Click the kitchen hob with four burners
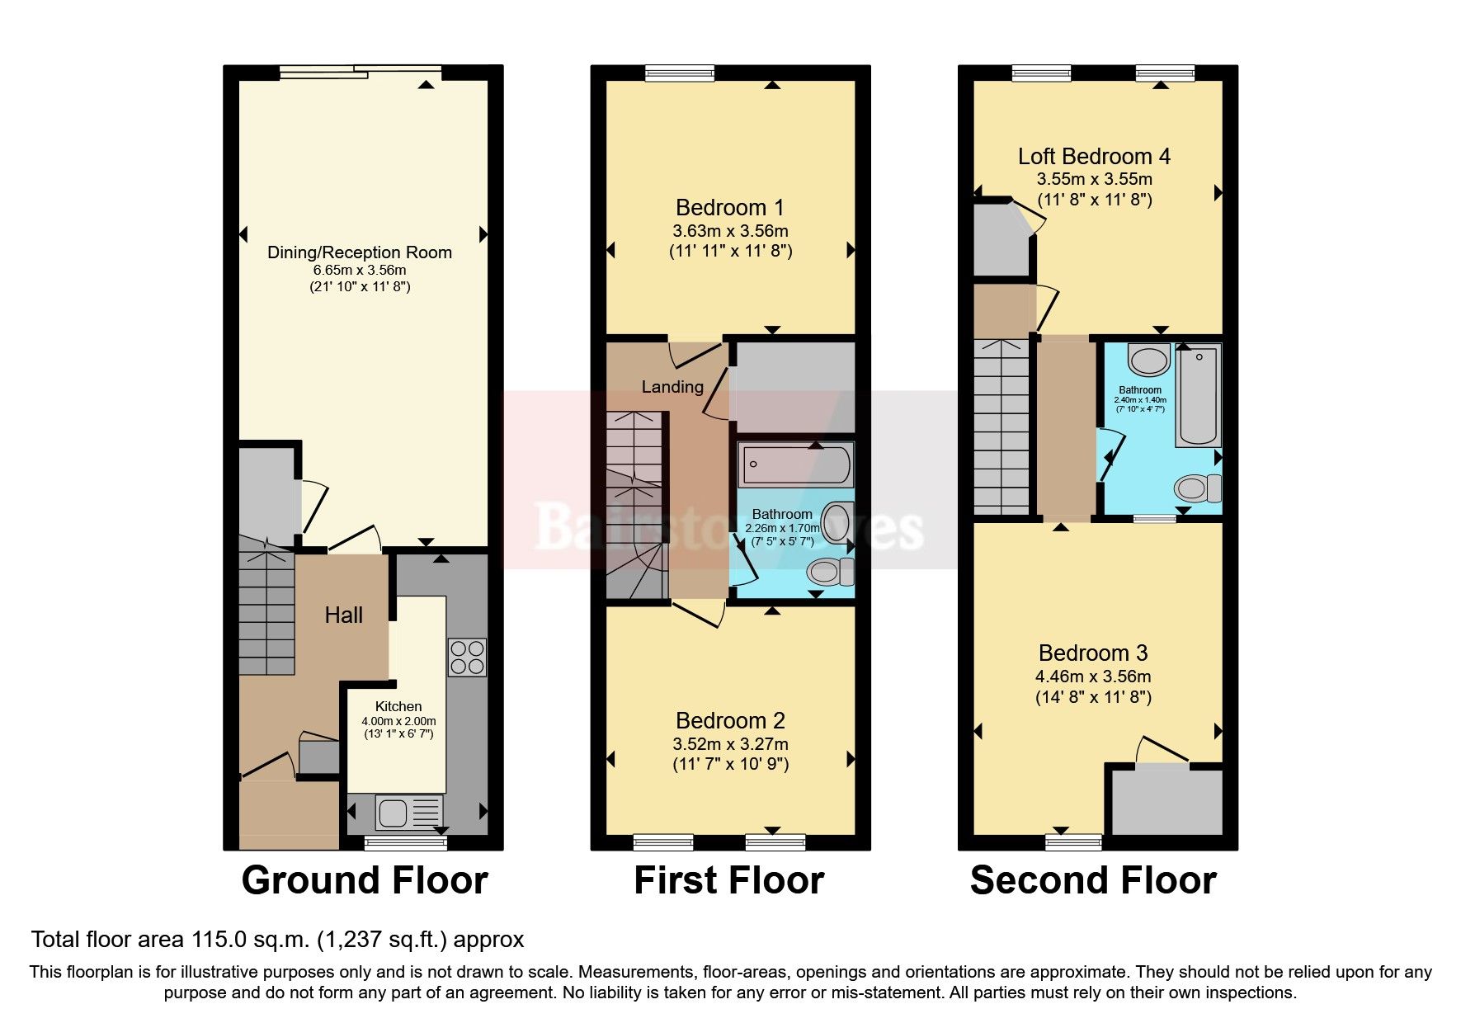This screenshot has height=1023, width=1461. [467, 658]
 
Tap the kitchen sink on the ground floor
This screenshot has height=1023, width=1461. [394, 813]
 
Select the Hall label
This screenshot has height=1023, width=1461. [343, 615]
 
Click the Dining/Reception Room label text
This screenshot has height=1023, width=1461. [360, 252]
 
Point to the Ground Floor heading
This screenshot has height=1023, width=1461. [365, 880]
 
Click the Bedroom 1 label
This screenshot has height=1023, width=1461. [729, 207]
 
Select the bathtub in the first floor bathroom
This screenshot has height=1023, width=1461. [795, 464]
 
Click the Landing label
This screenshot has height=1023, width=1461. [672, 386]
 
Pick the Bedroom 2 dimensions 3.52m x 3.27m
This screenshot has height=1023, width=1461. [730, 743]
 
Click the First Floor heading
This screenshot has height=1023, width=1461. [728, 880]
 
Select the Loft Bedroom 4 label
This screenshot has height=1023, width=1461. [1094, 156]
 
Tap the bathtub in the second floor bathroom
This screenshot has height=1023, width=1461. [1198, 396]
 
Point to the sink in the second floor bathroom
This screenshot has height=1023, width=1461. [1148, 361]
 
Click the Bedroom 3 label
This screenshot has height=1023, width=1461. [1093, 653]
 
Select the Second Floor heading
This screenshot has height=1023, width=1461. [1093, 880]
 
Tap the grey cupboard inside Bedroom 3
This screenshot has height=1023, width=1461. [1166, 801]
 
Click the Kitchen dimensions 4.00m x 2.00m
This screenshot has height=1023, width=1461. [398, 721]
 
